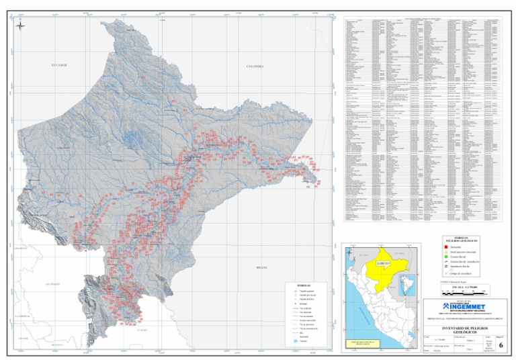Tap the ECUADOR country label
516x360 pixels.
(x=60, y=65)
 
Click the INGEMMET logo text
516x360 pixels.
(x=463, y=303)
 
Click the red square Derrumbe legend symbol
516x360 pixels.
(x=446, y=248)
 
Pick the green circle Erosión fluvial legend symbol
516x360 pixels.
(x=446, y=257)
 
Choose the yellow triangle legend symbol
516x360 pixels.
(x=446, y=253)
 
